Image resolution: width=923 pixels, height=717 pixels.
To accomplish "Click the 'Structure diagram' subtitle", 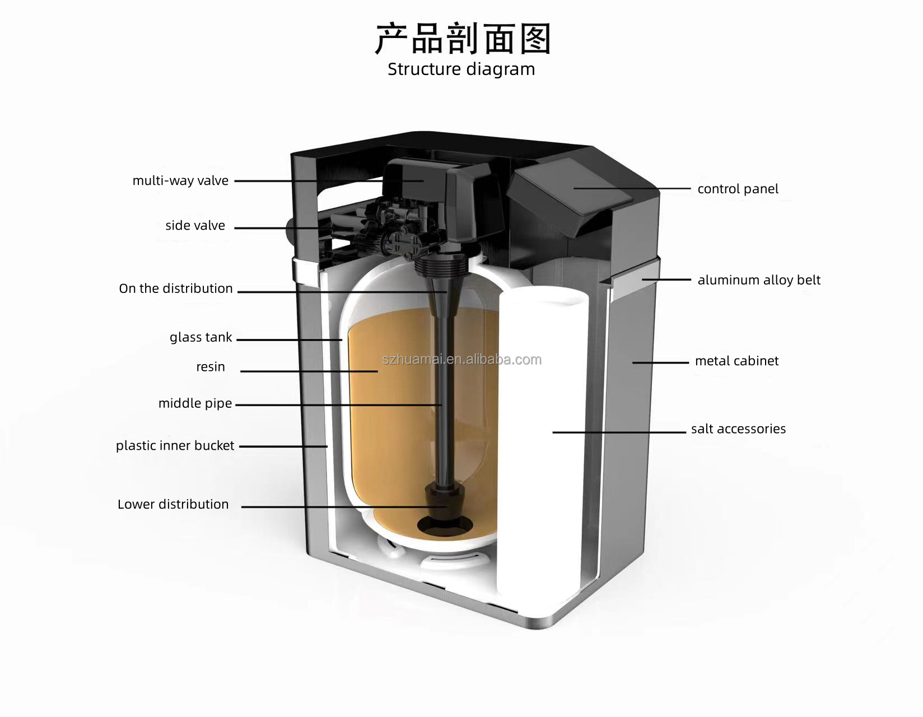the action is click(x=461, y=69).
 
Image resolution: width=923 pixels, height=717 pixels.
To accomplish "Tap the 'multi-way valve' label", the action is click(x=180, y=181).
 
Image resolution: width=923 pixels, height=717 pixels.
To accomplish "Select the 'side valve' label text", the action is click(x=195, y=226).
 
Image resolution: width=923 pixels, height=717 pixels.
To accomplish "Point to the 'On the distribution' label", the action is click(x=175, y=288).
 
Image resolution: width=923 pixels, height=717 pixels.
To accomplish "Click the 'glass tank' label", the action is click(x=201, y=337).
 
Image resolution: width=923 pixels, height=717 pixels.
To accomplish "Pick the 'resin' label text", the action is click(x=210, y=366).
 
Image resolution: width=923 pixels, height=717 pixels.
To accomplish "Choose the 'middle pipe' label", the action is click(x=195, y=403).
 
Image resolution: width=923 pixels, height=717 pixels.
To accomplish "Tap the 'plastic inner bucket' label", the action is click(x=175, y=445).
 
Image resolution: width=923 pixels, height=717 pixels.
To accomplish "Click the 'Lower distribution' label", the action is click(x=173, y=504).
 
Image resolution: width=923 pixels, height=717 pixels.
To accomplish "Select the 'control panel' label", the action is click(x=738, y=189).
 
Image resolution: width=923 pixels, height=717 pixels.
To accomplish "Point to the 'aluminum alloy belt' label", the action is click(x=759, y=280).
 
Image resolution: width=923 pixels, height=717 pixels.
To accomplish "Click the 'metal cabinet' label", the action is click(x=736, y=361).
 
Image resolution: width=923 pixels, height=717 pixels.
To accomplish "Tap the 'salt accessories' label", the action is click(x=738, y=429).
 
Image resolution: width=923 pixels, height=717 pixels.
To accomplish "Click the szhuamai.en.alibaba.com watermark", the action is click(x=461, y=360).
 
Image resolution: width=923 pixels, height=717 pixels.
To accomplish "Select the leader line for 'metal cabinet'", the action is click(x=660, y=362).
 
